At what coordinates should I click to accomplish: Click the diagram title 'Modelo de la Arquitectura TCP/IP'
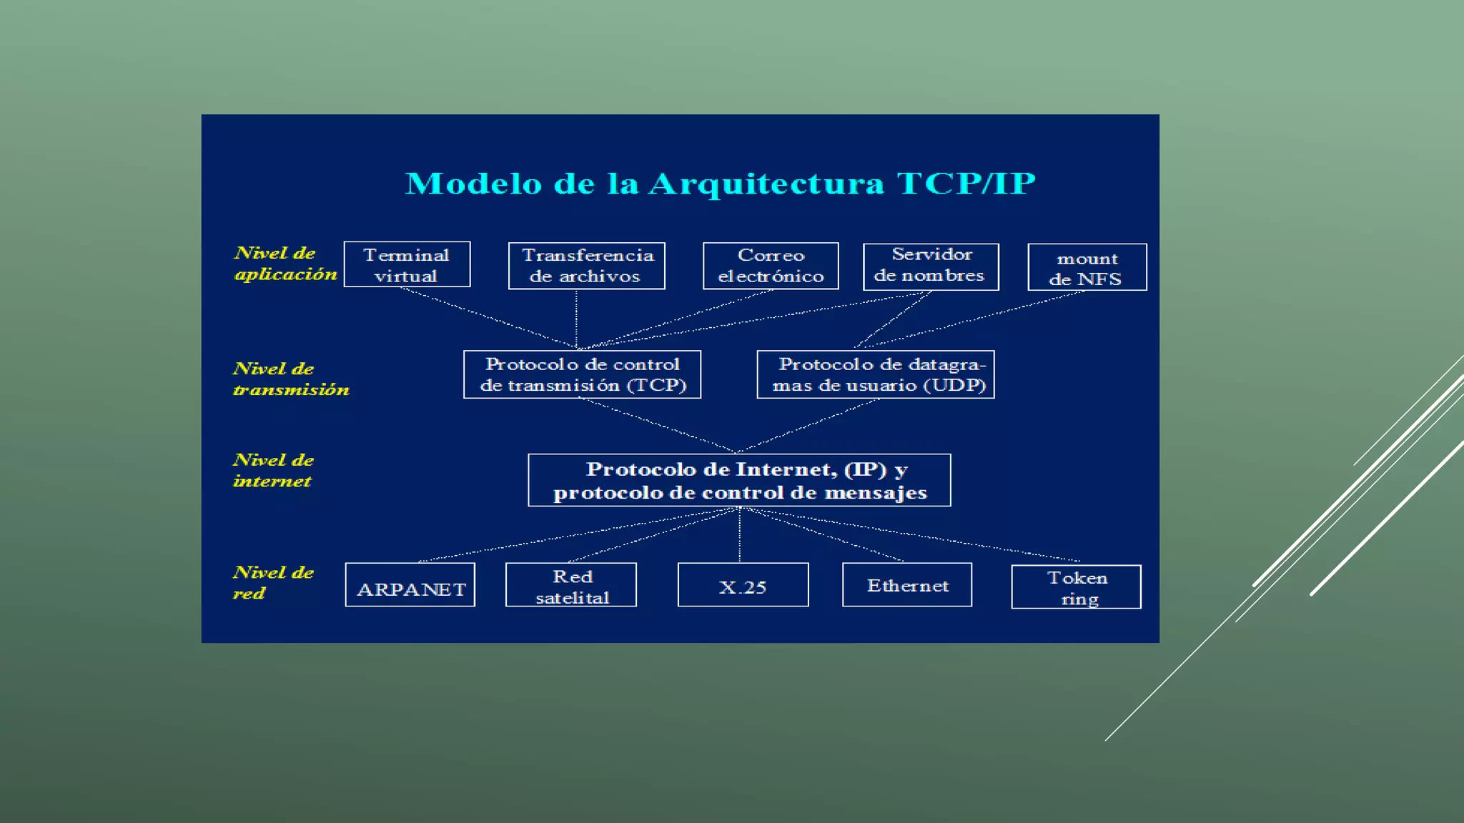pyautogui.click(x=720, y=184)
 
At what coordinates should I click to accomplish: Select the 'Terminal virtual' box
pyautogui.click(x=407, y=264)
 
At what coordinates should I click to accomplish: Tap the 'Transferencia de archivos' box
pyautogui.click(x=586, y=266)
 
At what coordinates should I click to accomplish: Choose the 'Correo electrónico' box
pyautogui.click(x=771, y=266)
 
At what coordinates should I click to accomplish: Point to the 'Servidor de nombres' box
pyautogui.click(x=931, y=266)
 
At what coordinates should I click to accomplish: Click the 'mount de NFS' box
pyautogui.click(x=1087, y=267)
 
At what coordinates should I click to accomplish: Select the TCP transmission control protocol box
pyautogui.click(x=582, y=374)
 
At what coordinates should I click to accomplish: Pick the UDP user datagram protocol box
pyautogui.click(x=876, y=374)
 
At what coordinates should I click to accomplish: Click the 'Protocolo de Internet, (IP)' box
pyautogui.click(x=739, y=480)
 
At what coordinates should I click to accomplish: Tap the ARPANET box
pyautogui.click(x=410, y=585)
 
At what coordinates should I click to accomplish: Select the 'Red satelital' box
pyautogui.click(x=570, y=585)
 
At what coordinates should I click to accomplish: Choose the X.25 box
pyautogui.click(x=743, y=585)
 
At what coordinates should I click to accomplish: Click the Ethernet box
pyautogui.click(x=906, y=585)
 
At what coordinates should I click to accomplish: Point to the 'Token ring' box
pyautogui.click(x=1076, y=587)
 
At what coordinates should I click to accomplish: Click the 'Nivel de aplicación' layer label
pyautogui.click(x=285, y=264)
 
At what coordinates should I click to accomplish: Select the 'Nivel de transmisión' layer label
pyautogui.click(x=290, y=379)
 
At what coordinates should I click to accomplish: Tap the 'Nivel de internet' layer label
pyautogui.click(x=273, y=470)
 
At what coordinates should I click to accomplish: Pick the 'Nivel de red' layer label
pyautogui.click(x=273, y=582)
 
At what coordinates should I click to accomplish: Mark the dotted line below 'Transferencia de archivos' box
pyautogui.click(x=576, y=319)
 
